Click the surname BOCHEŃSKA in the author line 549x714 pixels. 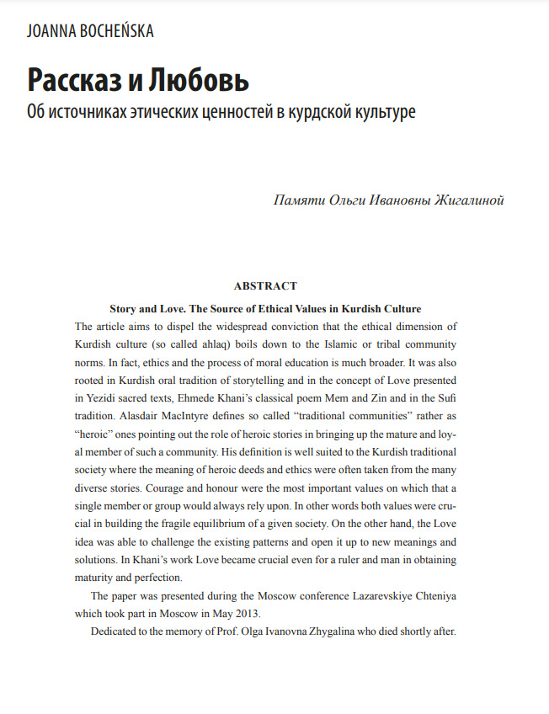tap(111, 32)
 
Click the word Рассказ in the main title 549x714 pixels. tap(75, 79)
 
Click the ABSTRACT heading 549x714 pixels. tap(265, 286)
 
